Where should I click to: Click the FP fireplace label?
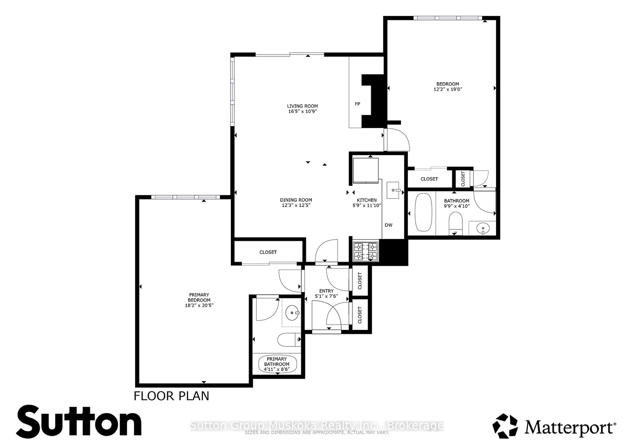pos(357,104)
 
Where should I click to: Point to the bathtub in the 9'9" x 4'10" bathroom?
pos(423,212)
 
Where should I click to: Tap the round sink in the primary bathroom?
pos(292,313)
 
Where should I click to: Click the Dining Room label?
pos(296,200)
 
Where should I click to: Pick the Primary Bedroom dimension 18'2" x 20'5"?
pos(199,305)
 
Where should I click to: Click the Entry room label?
pos(326,291)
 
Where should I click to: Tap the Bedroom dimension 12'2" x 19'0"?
pos(448,89)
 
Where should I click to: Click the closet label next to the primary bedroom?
pos(268,252)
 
